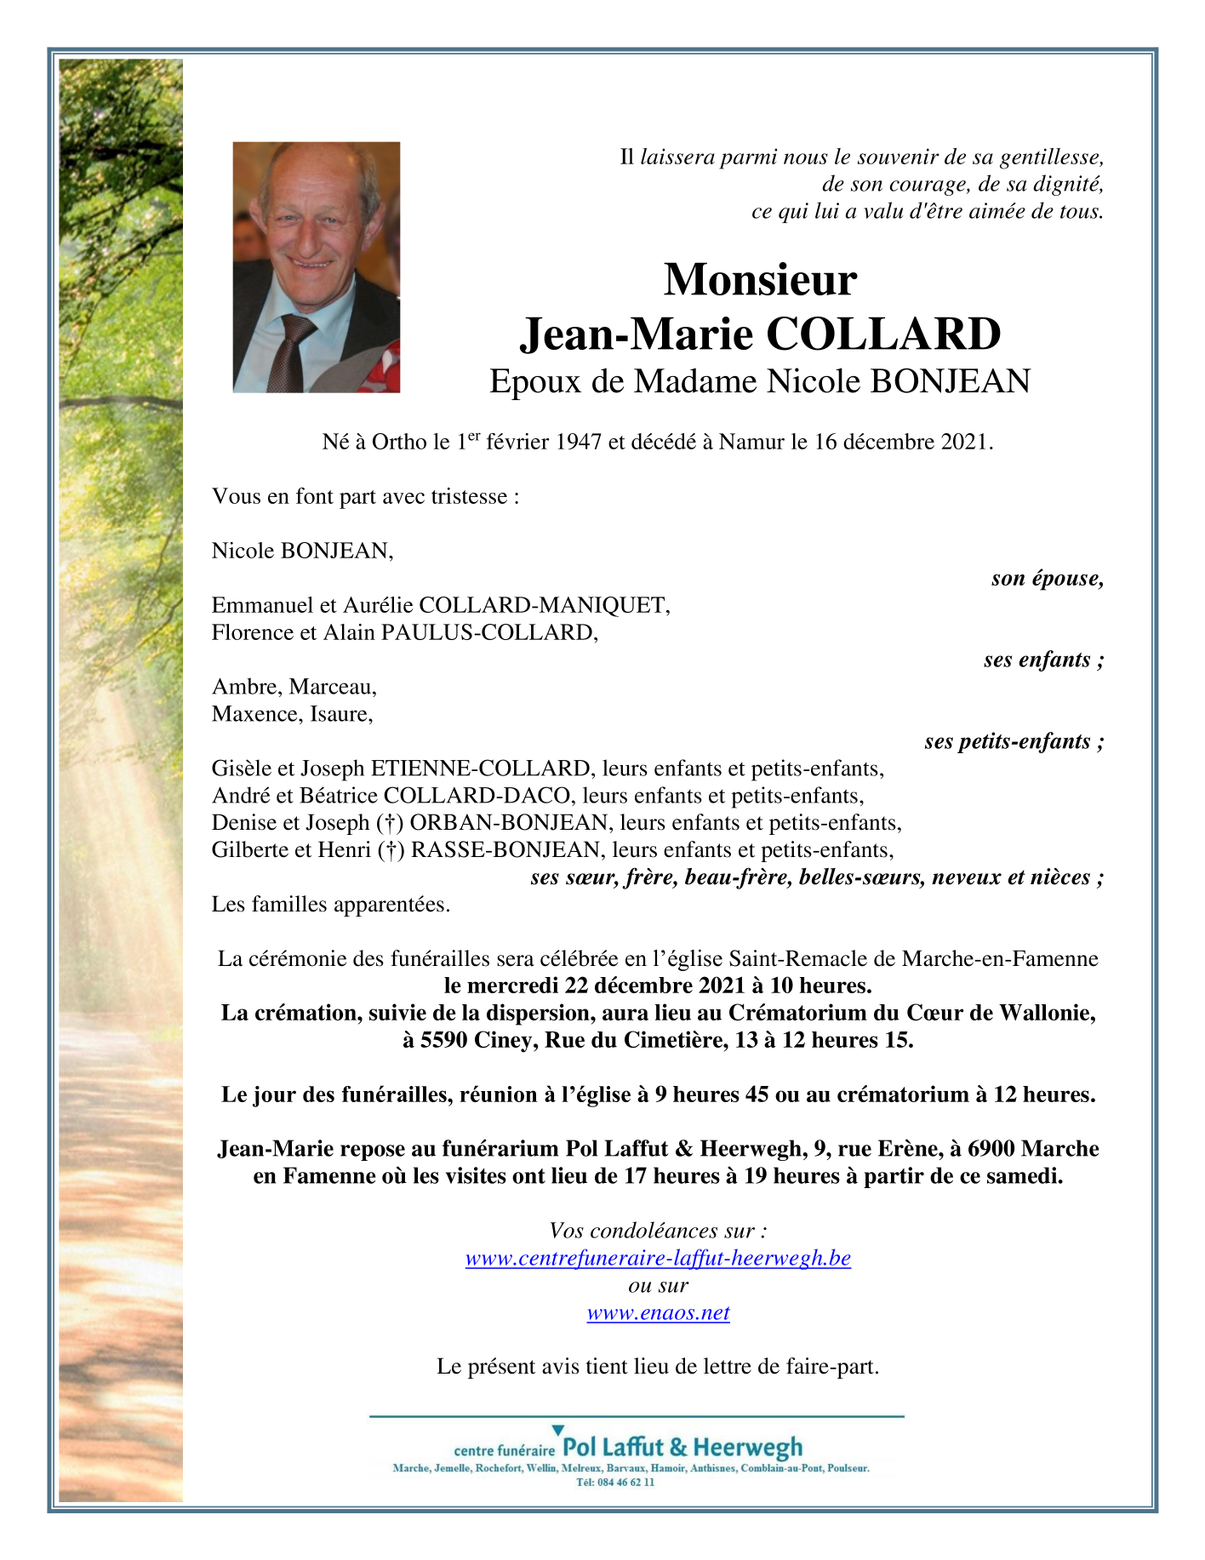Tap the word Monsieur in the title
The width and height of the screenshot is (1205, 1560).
pos(760,279)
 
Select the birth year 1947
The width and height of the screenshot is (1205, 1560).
pos(579,443)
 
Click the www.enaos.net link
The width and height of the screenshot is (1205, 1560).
pos(658,1312)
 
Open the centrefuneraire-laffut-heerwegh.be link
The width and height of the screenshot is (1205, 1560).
pos(658,1258)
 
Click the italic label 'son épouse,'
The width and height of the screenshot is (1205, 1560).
pos(1047,579)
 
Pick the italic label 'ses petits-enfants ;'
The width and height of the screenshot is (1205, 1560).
pos(1014,741)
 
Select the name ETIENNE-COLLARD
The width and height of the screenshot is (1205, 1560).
pos(481,769)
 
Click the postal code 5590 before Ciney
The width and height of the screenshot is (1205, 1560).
pos(444,1040)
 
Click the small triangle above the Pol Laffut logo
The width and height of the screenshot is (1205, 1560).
pos(557,1431)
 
